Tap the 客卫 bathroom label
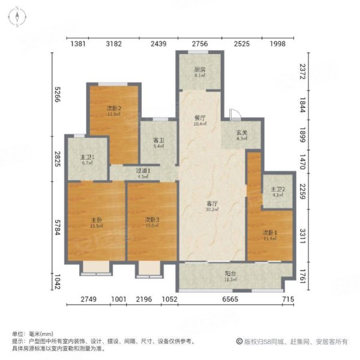[158, 142]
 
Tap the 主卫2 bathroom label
[277, 191]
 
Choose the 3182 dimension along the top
[113, 44]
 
